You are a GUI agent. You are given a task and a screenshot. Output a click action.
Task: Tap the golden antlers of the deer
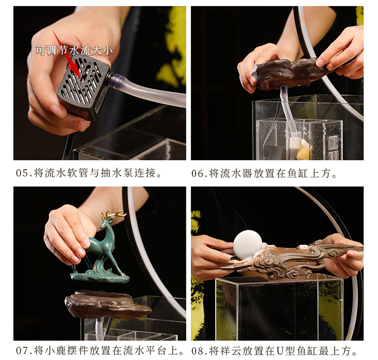(113, 214)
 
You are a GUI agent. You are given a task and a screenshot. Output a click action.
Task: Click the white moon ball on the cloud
(247, 245)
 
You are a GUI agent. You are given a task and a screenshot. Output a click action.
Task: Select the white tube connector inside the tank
(295, 143)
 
